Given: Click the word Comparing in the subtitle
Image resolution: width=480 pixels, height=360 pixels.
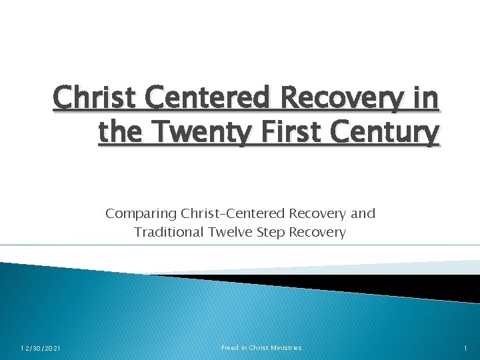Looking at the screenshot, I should [139, 214].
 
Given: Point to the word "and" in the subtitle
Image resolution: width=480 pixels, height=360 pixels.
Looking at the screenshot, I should [363, 214].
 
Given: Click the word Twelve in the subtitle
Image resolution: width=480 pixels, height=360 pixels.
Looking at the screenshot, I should [233, 232].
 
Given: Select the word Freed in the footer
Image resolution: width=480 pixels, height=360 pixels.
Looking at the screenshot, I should [231, 347].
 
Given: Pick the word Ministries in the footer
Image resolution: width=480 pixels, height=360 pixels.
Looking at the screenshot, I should [285, 347].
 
